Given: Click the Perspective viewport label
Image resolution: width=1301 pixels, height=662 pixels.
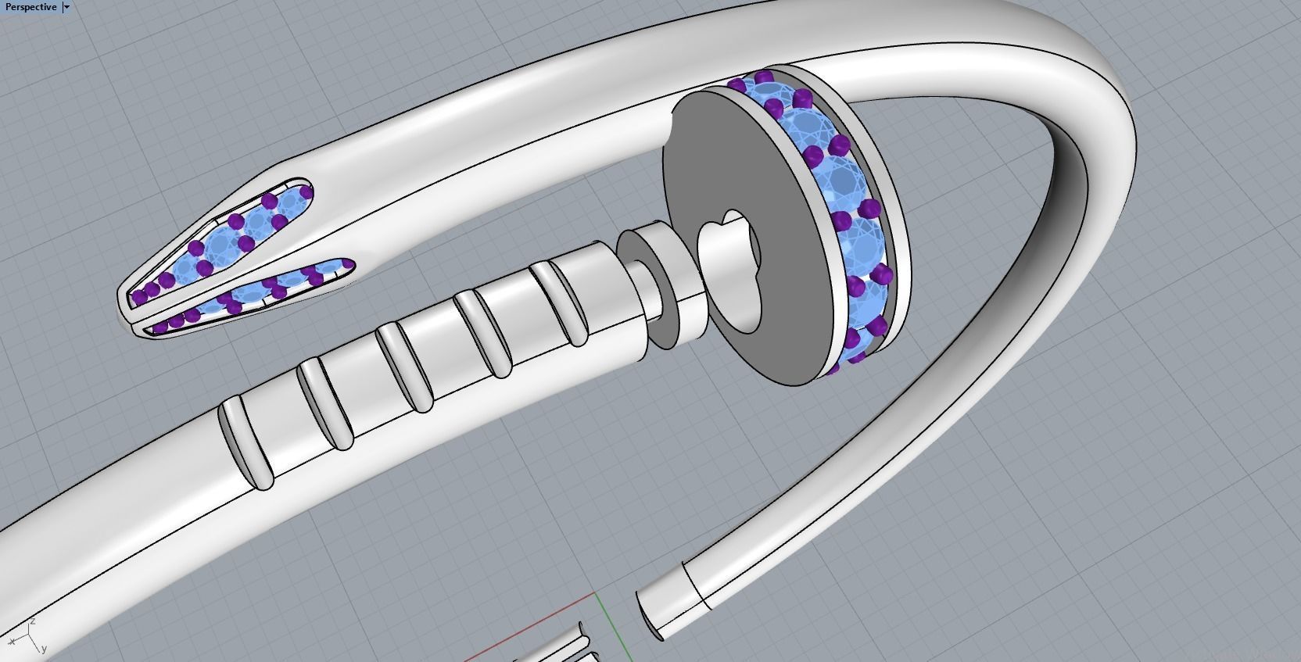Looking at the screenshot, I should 30,7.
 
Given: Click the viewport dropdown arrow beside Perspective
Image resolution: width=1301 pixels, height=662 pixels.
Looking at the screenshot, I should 66,7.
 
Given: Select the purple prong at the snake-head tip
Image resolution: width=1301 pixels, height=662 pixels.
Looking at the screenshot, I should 138,297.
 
